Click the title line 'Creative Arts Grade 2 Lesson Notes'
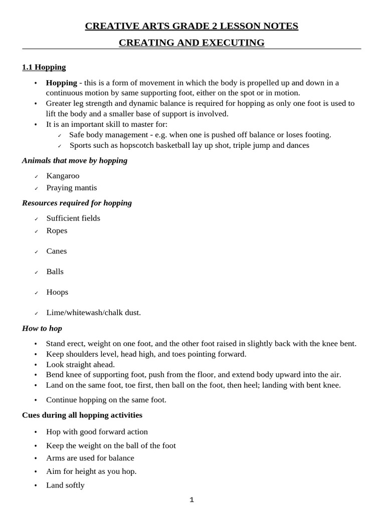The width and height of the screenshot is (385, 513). [x=191, y=26]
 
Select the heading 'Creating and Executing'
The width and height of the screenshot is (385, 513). [x=191, y=43]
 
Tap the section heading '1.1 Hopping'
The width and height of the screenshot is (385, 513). [x=44, y=67]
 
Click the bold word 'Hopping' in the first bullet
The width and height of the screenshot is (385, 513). [x=61, y=83]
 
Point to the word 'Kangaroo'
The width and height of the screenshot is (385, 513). [x=63, y=176]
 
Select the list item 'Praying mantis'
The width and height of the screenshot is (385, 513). [x=71, y=188]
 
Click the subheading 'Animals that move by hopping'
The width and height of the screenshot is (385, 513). [x=75, y=160]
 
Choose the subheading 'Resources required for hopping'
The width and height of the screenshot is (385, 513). [x=77, y=203]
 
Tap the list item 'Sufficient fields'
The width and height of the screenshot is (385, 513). [x=73, y=218]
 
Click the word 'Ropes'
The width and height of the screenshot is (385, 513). [x=57, y=231]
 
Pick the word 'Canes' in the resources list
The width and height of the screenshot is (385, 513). [x=56, y=251]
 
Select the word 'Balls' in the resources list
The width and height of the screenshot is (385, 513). [x=55, y=272]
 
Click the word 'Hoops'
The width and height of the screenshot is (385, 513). [x=57, y=292]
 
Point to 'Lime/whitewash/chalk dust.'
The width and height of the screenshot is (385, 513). [x=93, y=313]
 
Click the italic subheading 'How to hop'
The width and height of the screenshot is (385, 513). [x=42, y=329]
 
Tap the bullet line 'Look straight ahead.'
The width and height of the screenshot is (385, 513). [x=80, y=365]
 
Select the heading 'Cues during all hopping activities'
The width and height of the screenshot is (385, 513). [x=82, y=415]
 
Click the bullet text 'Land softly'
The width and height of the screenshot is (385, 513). [x=65, y=485]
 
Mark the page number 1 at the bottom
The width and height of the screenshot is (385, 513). [x=191, y=500]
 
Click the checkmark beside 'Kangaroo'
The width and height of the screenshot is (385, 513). [x=36, y=177]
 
